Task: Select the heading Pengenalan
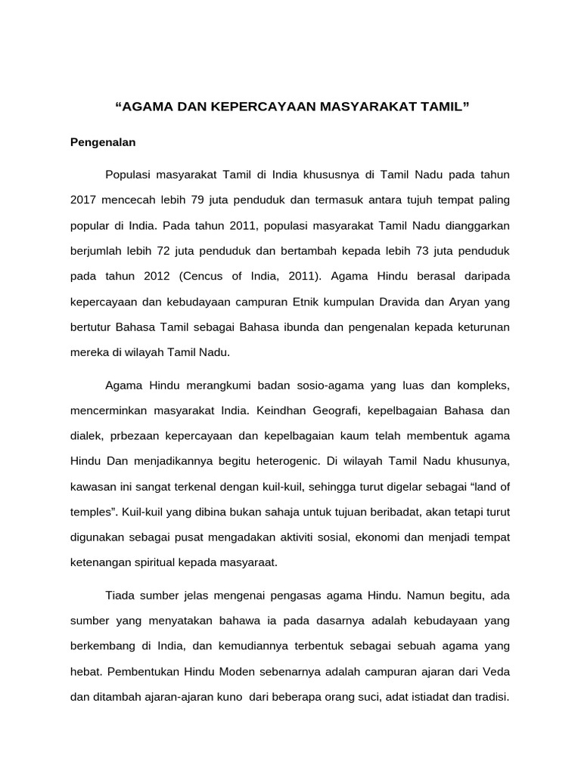click(103, 141)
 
